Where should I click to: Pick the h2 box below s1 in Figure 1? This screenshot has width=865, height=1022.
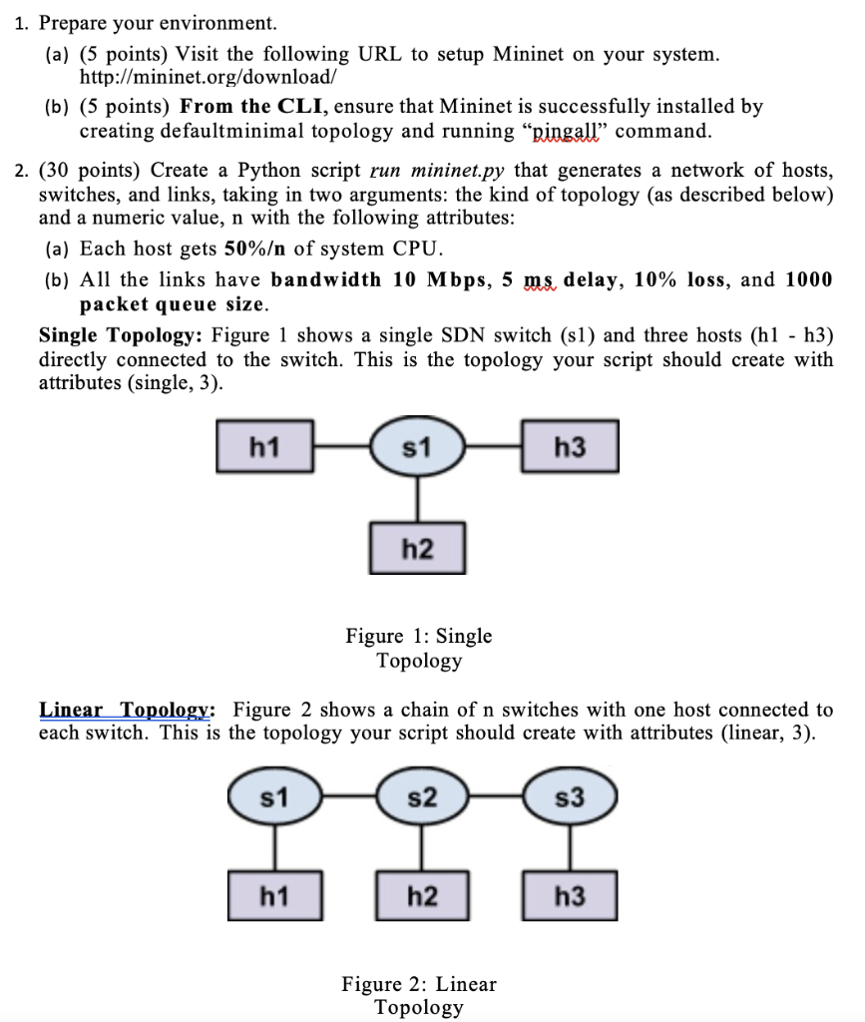click(416, 547)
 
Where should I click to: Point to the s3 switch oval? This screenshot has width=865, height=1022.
click(570, 797)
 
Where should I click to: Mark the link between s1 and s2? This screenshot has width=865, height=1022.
click(348, 797)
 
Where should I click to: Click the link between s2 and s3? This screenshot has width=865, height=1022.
click(496, 797)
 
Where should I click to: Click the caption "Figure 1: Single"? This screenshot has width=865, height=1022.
click(418, 636)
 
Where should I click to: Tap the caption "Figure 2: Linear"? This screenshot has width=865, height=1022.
click(418, 984)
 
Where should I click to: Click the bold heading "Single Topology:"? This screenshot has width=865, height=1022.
click(121, 336)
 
